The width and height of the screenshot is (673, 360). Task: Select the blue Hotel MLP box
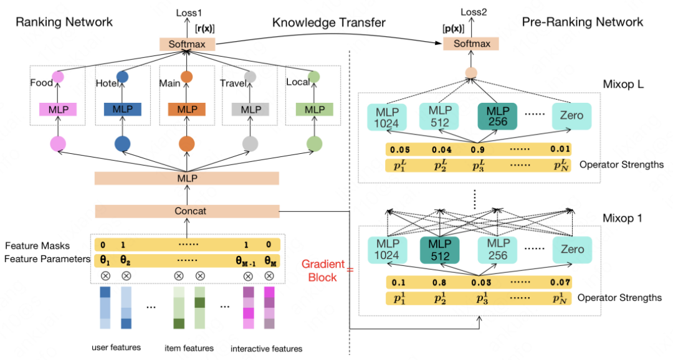[x=122, y=110]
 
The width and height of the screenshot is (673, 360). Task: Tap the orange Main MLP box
[x=186, y=110]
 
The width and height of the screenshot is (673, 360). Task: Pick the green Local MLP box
[x=315, y=110]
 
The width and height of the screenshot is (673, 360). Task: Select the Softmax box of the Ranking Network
[x=187, y=44]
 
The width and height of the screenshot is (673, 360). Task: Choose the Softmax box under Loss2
[x=471, y=44]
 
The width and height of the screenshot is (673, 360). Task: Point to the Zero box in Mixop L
[x=571, y=116]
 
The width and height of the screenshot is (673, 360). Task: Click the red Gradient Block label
[x=323, y=270]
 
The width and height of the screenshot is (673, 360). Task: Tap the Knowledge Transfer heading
[x=329, y=22]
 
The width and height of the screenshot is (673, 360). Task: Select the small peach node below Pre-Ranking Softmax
[x=471, y=73]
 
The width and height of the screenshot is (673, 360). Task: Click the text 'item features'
[x=189, y=348]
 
